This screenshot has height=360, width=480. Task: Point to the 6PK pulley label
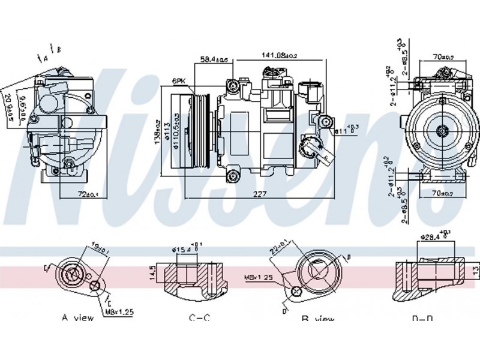[x=178, y=80]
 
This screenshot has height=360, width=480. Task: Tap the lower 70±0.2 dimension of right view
[x=444, y=193]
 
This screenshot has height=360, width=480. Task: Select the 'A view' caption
[x=78, y=317]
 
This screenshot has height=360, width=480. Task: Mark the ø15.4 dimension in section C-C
[x=184, y=248]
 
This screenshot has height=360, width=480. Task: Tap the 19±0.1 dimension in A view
[x=99, y=247]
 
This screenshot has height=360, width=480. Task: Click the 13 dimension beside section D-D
[x=475, y=268]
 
